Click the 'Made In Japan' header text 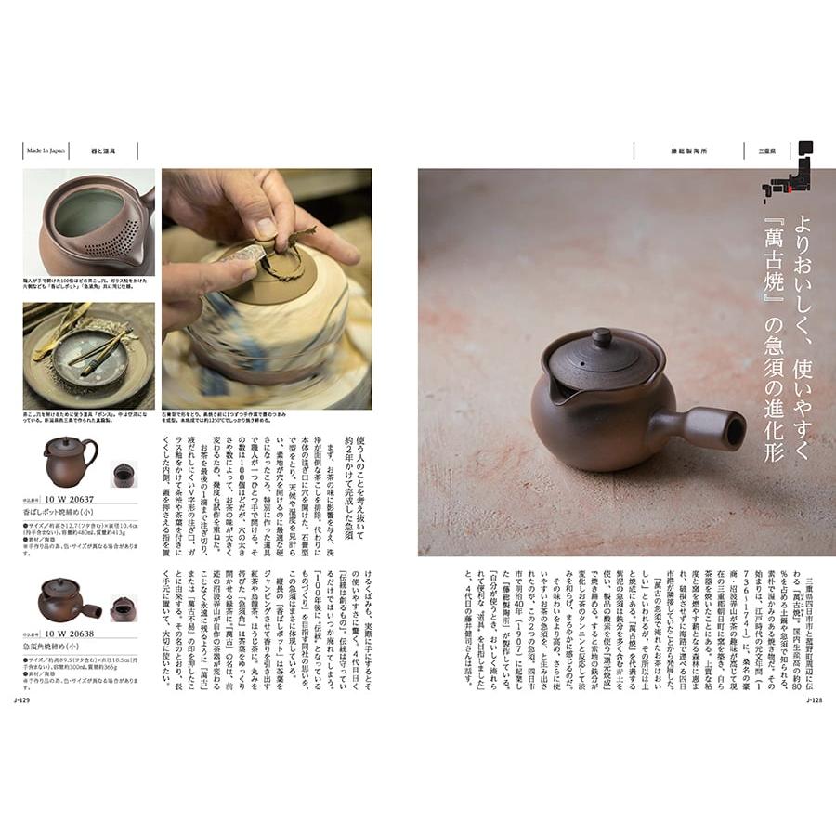pos(46,150)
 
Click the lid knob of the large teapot pos(602,338)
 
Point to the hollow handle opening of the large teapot pos(735,430)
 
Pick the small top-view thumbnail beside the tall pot pos(124,475)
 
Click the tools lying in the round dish pos(93,352)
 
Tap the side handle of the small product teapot pos(92,610)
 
